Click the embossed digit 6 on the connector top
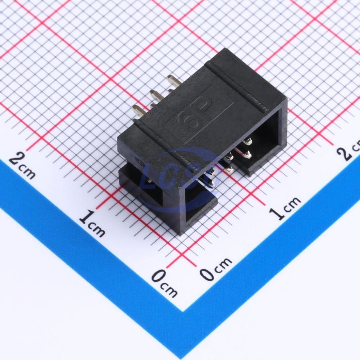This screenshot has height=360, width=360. pyautogui.click(x=189, y=122)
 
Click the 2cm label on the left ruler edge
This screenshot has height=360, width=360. pyautogui.click(x=22, y=165)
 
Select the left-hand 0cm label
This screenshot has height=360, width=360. pyautogui.click(x=164, y=283)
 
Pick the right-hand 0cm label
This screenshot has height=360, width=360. pyautogui.click(x=216, y=269)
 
